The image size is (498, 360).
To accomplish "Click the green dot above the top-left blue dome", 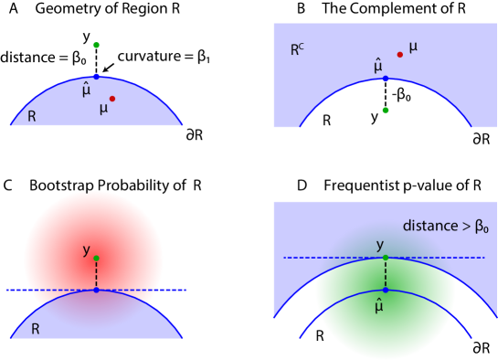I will click(96, 45).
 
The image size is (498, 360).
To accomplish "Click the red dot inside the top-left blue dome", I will click(112, 98).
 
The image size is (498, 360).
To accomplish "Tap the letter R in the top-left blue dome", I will click(32, 117).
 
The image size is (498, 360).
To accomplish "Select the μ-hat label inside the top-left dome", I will click(86, 89).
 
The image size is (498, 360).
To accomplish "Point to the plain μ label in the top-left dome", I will click(103, 109).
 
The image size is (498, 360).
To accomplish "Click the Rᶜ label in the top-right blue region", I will click(297, 50).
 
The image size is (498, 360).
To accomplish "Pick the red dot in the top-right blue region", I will click(399, 55).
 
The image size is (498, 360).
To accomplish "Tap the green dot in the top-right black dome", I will click(385, 111).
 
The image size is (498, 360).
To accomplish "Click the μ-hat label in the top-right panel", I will click(377, 66).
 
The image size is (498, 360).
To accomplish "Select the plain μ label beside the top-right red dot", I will click(413, 47).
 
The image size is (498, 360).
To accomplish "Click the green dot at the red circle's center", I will click(96, 259).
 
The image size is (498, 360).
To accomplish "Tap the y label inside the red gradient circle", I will click(86, 249).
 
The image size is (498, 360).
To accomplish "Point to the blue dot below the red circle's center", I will click(96, 290).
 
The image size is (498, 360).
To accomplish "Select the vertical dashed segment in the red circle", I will click(96, 274).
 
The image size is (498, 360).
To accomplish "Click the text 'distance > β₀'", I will click(445, 226).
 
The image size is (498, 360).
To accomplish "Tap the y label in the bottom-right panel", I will click(380, 245).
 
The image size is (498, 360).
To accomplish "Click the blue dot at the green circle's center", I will click(385, 291).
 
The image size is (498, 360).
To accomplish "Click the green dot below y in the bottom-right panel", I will click(385, 258).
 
